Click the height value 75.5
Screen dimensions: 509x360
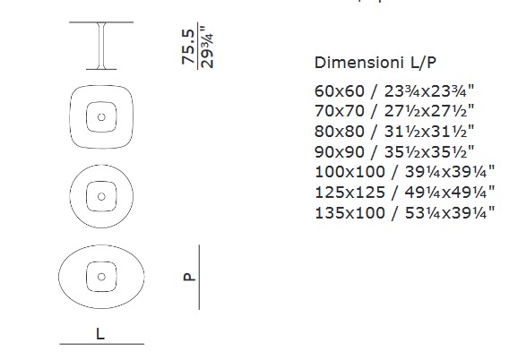pos(188,47)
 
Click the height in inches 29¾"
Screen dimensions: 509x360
pos(207,47)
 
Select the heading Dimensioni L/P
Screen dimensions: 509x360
pos(375,63)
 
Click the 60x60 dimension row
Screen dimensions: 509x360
pos(394,91)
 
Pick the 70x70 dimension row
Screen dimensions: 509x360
pos(394,111)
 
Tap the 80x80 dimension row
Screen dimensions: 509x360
pos(394,132)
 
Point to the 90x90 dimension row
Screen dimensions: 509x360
pos(394,151)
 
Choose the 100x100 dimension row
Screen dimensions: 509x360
pos(405,172)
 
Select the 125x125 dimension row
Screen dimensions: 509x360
pos(405,193)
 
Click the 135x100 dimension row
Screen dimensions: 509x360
pos(405,213)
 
